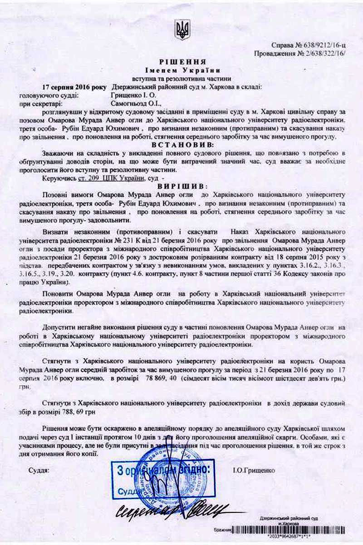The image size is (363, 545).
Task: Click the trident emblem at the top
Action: [x=182, y=29]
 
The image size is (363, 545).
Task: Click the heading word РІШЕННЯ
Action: [x=182, y=62]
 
